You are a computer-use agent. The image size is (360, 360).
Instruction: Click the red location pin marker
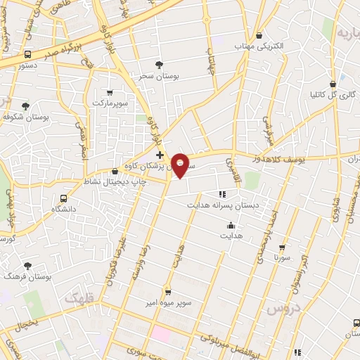(x=181, y=165)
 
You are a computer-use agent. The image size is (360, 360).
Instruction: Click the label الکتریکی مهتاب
(x=259, y=45)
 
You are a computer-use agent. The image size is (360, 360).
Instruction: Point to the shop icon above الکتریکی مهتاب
(x=259, y=35)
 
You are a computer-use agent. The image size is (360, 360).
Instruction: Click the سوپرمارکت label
(x=108, y=103)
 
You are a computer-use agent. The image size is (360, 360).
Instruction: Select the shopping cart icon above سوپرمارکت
(x=109, y=93)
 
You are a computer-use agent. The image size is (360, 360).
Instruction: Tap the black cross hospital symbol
(x=160, y=155)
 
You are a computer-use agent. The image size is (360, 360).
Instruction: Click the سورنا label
(x=283, y=258)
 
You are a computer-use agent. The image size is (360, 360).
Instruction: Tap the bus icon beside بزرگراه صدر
(x=27, y=54)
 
